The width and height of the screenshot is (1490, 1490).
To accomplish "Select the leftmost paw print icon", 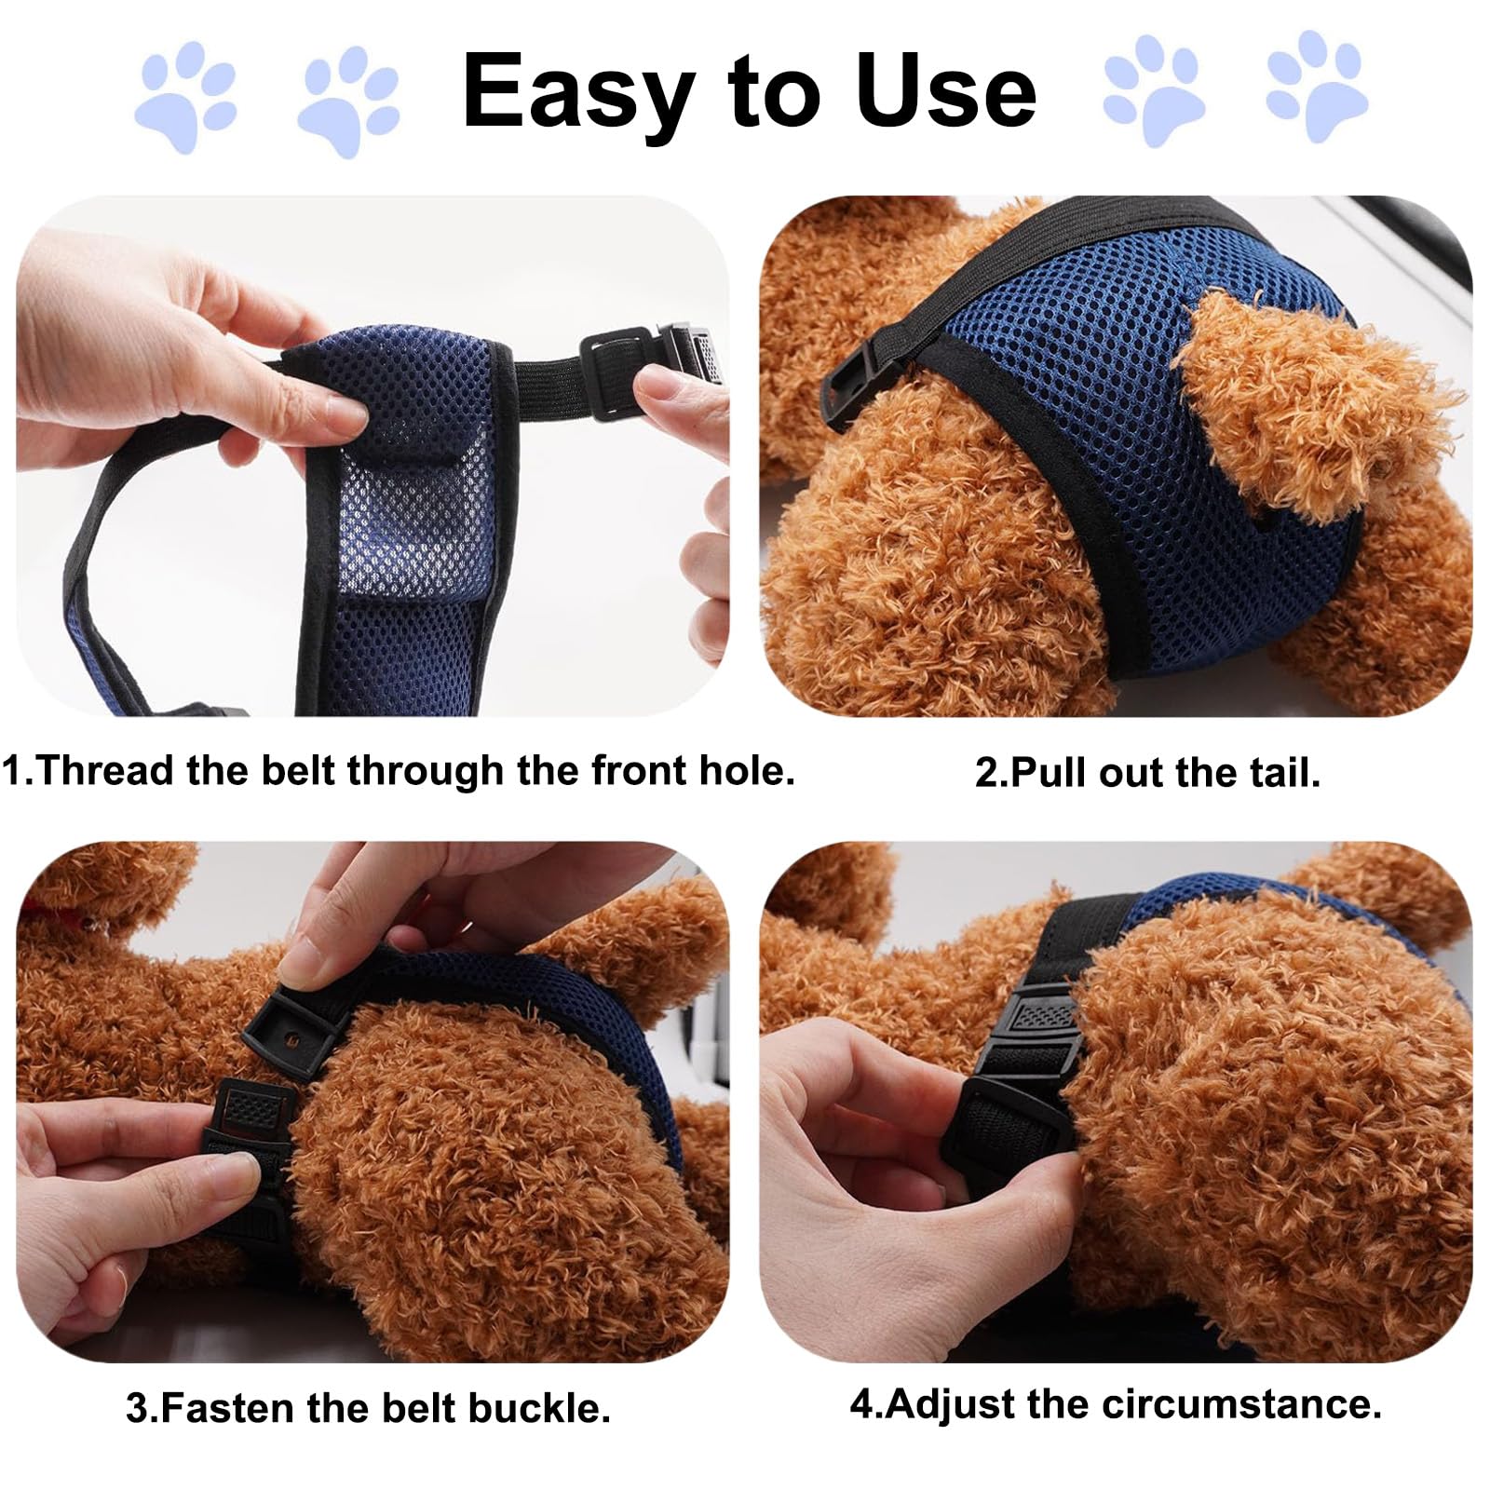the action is [x=186, y=97].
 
